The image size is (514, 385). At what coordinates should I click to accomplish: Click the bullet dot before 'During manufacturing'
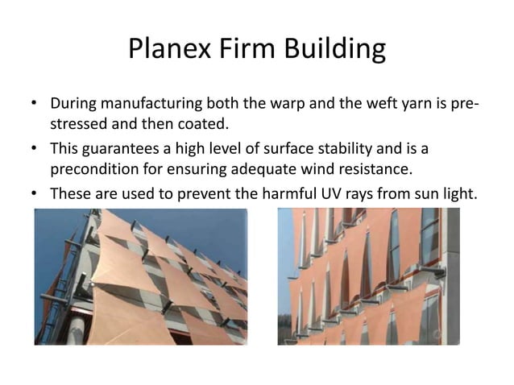tap(35, 106)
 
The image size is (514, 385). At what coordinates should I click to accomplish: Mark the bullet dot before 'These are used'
tap(35, 195)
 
